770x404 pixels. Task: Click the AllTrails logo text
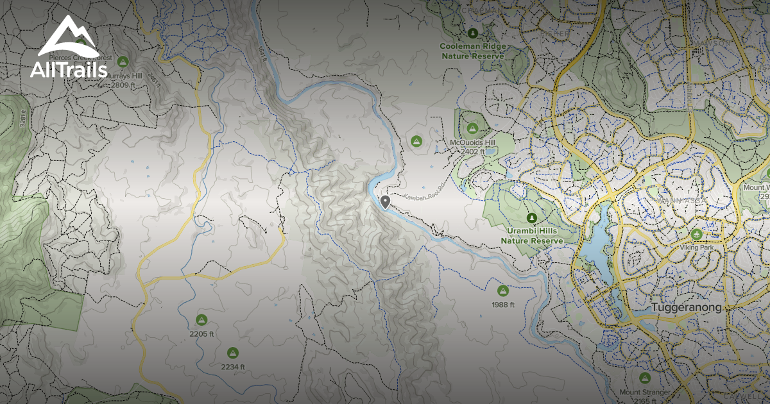click(69, 70)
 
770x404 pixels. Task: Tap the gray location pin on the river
click(385, 203)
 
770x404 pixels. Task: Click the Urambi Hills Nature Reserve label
click(531, 235)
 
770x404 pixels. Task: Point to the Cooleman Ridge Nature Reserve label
click(473, 51)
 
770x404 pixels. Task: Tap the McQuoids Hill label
click(472, 142)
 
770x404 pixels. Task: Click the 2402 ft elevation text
click(472, 151)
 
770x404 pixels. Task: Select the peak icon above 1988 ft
click(502, 290)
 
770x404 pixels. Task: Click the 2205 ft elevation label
click(201, 334)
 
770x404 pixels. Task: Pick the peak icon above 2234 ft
click(232, 352)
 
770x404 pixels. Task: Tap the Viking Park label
click(697, 246)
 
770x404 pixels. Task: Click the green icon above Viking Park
click(697, 233)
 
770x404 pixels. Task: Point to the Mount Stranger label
click(645, 392)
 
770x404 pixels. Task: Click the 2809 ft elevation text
click(123, 85)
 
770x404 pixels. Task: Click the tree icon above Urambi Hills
click(531, 218)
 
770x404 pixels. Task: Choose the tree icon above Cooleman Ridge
click(473, 33)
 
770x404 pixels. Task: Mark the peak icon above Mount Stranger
click(645, 378)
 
